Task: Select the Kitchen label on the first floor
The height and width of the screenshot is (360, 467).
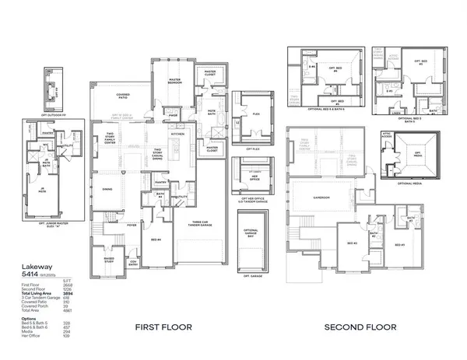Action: coord(177,134)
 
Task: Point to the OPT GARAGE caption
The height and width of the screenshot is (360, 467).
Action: coord(251,276)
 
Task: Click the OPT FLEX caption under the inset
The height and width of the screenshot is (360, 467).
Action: coord(251,149)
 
